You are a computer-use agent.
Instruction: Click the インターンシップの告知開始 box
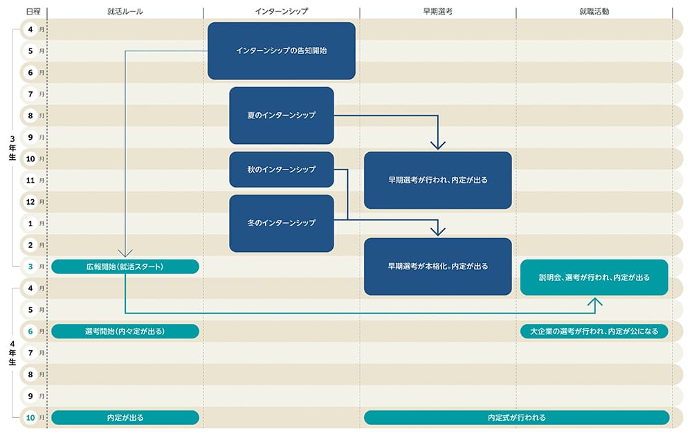[x=281, y=51]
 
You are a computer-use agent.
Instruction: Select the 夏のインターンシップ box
[x=281, y=115]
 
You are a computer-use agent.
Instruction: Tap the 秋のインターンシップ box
[x=281, y=170]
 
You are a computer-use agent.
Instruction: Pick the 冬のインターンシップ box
[x=281, y=223]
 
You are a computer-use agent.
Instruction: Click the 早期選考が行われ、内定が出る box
[x=437, y=180]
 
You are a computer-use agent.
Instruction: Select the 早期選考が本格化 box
[x=437, y=266]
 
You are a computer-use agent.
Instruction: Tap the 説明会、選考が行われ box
[x=594, y=277]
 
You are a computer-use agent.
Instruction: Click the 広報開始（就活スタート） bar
[x=125, y=266]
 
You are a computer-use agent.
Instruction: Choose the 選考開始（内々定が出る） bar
[x=125, y=331]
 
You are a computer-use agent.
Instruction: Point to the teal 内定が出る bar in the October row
[x=125, y=417]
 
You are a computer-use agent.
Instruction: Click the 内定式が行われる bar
[x=516, y=417]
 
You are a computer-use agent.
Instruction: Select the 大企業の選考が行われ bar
[x=594, y=331]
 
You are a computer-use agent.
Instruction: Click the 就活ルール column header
[x=125, y=12]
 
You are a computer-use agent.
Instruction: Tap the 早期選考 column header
[x=437, y=12]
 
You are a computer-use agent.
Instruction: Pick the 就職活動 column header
[x=594, y=12]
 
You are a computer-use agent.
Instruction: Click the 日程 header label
[x=32, y=12]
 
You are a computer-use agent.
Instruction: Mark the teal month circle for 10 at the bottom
[x=30, y=417]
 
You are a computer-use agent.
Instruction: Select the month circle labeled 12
[x=30, y=201]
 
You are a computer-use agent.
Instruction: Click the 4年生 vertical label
[x=12, y=352]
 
